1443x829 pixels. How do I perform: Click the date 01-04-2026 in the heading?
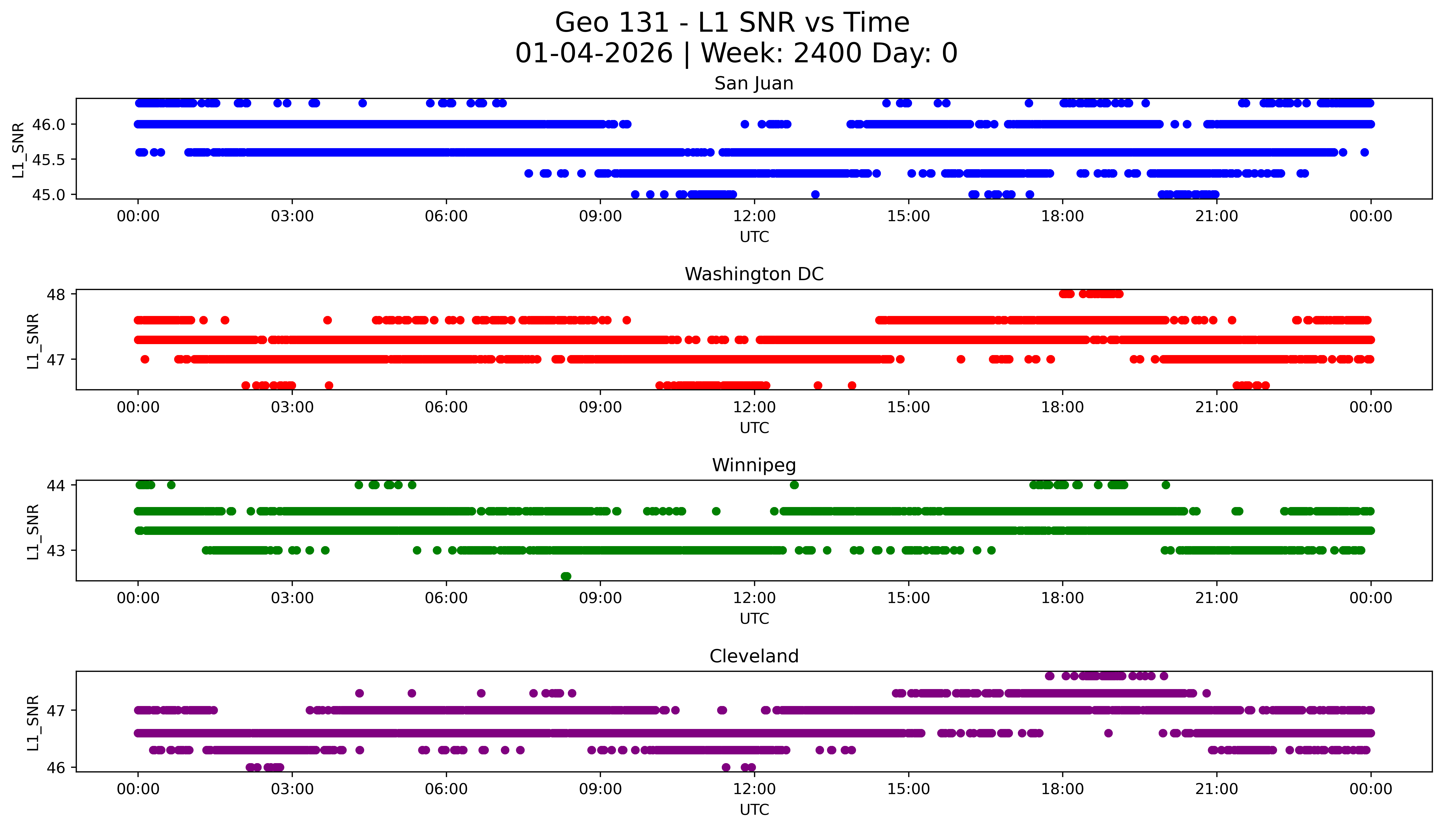(x=594, y=54)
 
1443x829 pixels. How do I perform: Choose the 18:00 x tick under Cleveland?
(x=1063, y=789)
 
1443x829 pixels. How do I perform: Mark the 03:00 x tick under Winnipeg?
(x=292, y=598)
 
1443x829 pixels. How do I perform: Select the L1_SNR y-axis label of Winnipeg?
(x=33, y=532)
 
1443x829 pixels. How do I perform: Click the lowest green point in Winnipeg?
(x=565, y=576)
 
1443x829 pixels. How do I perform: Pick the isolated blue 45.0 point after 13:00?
(x=815, y=195)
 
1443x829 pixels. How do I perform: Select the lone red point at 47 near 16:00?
(x=961, y=359)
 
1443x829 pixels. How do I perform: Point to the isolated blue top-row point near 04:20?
(x=362, y=103)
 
